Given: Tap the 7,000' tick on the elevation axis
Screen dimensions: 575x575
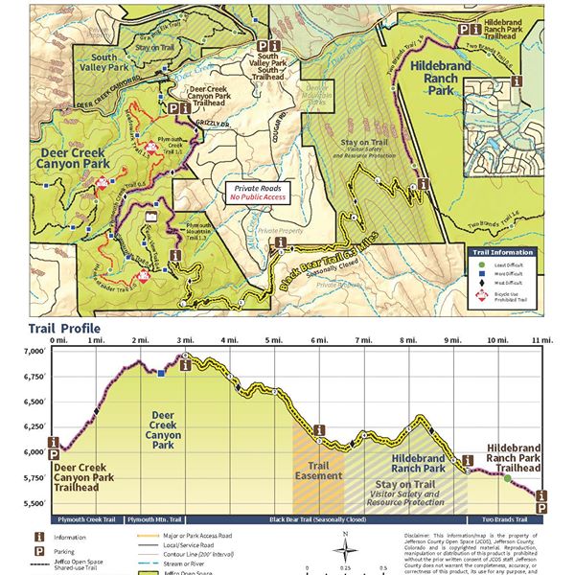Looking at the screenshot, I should (x=34, y=352).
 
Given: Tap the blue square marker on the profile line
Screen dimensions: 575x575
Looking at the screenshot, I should (x=160, y=372).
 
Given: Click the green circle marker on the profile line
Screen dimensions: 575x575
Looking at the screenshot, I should (x=507, y=477).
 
